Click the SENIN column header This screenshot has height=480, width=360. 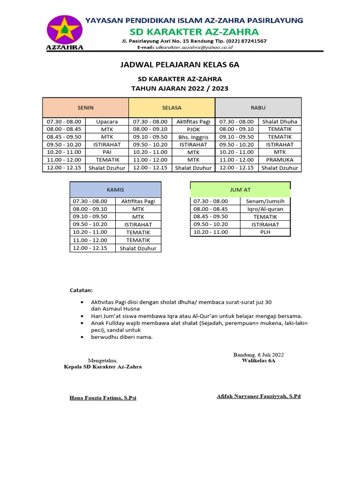[x=85, y=108]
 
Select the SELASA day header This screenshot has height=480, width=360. [x=172, y=108]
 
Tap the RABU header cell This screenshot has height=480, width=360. [x=258, y=108]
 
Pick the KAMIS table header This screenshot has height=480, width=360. [x=115, y=190]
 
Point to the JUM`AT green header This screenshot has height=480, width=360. [x=240, y=190]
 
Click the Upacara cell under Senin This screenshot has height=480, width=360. [x=107, y=121]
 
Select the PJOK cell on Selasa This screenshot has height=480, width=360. [x=193, y=129]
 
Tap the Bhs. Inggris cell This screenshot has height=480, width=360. [x=193, y=137]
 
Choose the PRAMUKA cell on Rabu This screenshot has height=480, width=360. [x=280, y=160]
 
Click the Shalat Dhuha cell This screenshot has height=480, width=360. [x=280, y=121]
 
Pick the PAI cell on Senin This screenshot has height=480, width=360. [x=107, y=152]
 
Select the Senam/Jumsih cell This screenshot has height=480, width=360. [x=265, y=201]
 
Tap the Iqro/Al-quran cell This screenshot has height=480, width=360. [x=265, y=209]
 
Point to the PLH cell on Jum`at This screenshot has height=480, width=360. [x=265, y=232]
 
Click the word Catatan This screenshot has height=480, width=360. [x=81, y=290]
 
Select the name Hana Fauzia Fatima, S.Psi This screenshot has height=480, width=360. [x=103, y=398]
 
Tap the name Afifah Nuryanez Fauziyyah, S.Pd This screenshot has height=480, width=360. [x=259, y=396]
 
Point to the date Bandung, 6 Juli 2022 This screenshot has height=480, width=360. [x=258, y=354]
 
